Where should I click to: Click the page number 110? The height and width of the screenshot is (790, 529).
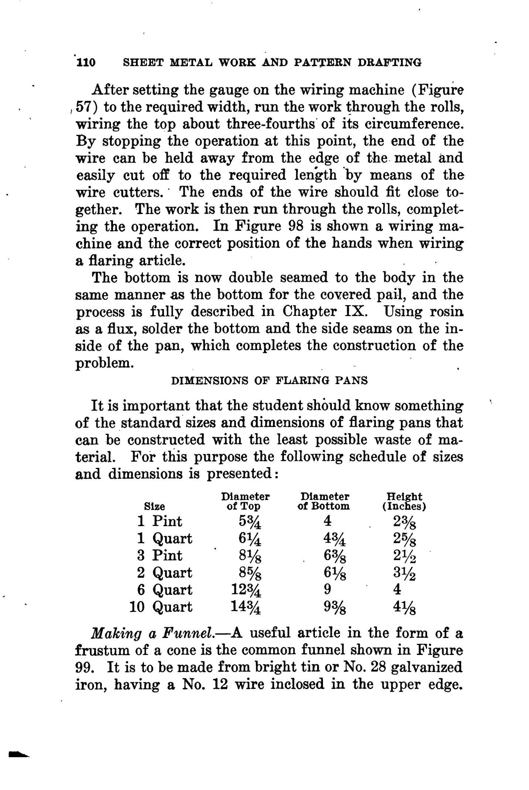(86, 62)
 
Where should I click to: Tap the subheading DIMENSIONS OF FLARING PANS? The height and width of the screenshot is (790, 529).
(269, 381)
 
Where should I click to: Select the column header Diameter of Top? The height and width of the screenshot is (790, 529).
(245, 501)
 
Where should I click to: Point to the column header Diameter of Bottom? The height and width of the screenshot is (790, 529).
(323, 501)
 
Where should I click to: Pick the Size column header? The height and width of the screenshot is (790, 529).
(154, 506)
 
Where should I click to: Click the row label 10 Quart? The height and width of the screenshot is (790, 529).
(161, 607)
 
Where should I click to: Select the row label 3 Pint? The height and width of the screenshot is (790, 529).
(159, 555)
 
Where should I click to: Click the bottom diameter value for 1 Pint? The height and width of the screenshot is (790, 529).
(327, 521)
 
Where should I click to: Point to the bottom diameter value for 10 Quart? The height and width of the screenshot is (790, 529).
(334, 608)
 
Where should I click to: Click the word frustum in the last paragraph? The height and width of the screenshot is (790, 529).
(100, 651)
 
